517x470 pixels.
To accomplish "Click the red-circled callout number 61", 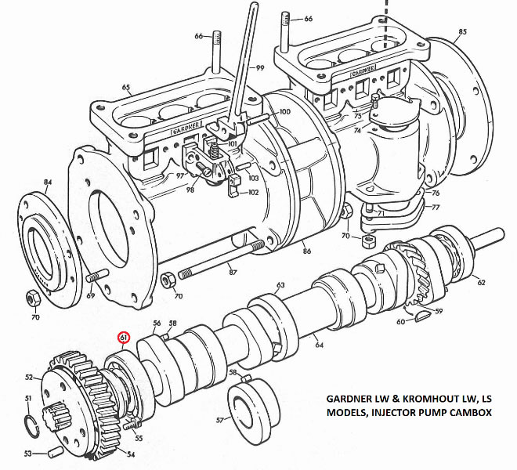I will click(x=125, y=338).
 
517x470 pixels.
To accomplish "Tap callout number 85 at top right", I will click(x=462, y=31).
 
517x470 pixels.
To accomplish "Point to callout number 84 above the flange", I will click(x=48, y=183).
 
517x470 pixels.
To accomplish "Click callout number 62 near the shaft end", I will click(x=481, y=283).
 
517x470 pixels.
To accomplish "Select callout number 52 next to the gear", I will click(x=30, y=378).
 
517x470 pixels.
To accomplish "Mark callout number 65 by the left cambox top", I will click(x=125, y=87).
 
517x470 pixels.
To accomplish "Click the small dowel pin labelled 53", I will click(x=53, y=451).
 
